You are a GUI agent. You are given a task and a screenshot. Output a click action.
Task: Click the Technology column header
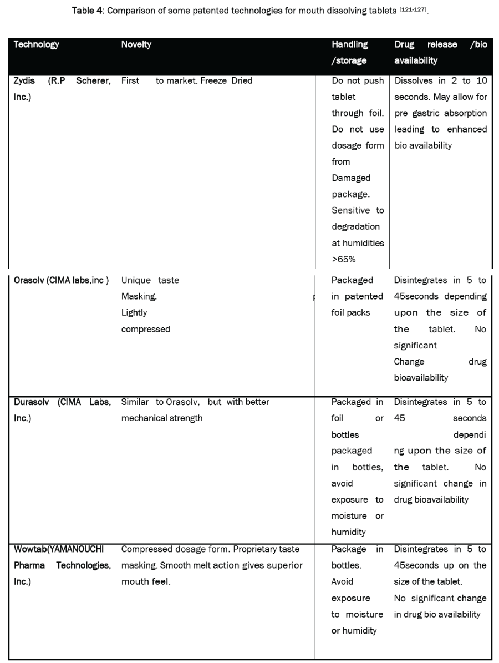37,45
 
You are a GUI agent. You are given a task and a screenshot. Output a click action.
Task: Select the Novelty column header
136,45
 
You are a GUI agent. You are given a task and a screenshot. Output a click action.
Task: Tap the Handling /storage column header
350,53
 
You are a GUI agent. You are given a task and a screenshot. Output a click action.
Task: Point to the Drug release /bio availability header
440,53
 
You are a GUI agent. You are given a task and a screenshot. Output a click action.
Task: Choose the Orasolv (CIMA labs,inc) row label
61,280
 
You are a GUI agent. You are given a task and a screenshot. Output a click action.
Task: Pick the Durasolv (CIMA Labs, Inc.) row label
62,410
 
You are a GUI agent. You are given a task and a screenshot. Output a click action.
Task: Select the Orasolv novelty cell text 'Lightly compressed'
145,321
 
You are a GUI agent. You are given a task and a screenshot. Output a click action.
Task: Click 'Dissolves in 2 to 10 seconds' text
440,89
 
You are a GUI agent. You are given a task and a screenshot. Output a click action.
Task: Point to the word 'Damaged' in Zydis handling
351,178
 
